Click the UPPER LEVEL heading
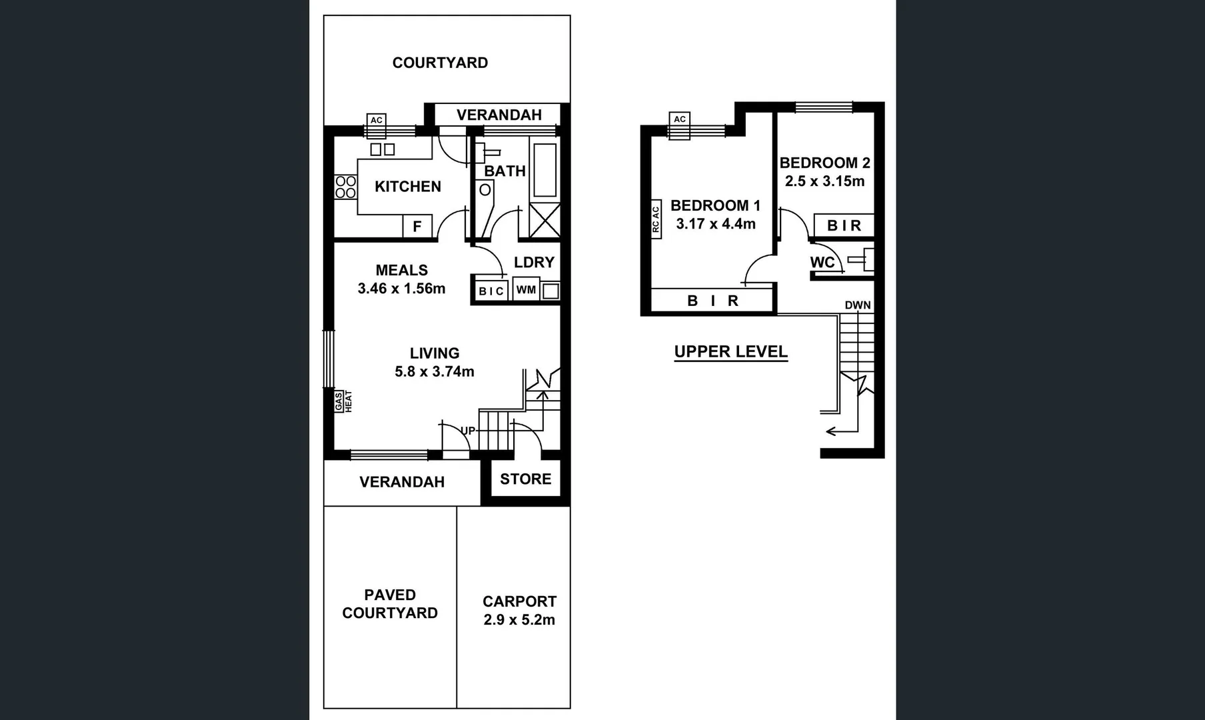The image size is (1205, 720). coord(730,351)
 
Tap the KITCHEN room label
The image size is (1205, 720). coord(407,187)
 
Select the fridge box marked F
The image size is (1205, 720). coord(417,227)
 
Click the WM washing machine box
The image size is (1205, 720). coord(526,290)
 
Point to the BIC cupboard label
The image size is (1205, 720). coord(491,291)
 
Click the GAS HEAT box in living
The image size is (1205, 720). coord(343,401)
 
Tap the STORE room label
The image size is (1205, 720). coord(525,479)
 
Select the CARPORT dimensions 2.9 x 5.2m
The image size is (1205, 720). coord(519,620)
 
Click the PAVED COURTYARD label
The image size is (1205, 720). coord(390,604)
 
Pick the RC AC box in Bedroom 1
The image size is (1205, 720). coord(655,219)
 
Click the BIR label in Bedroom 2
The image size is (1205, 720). coord(844,226)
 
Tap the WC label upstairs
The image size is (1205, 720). coord(822,262)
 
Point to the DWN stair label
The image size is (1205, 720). coord(858,305)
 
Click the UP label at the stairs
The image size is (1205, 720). coord(468,431)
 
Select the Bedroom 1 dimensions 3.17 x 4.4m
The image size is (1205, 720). coord(716,224)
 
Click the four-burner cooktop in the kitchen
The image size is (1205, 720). coord(345,187)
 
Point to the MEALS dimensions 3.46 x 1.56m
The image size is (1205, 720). coord(401,289)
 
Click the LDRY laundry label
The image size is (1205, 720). coord(534,263)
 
